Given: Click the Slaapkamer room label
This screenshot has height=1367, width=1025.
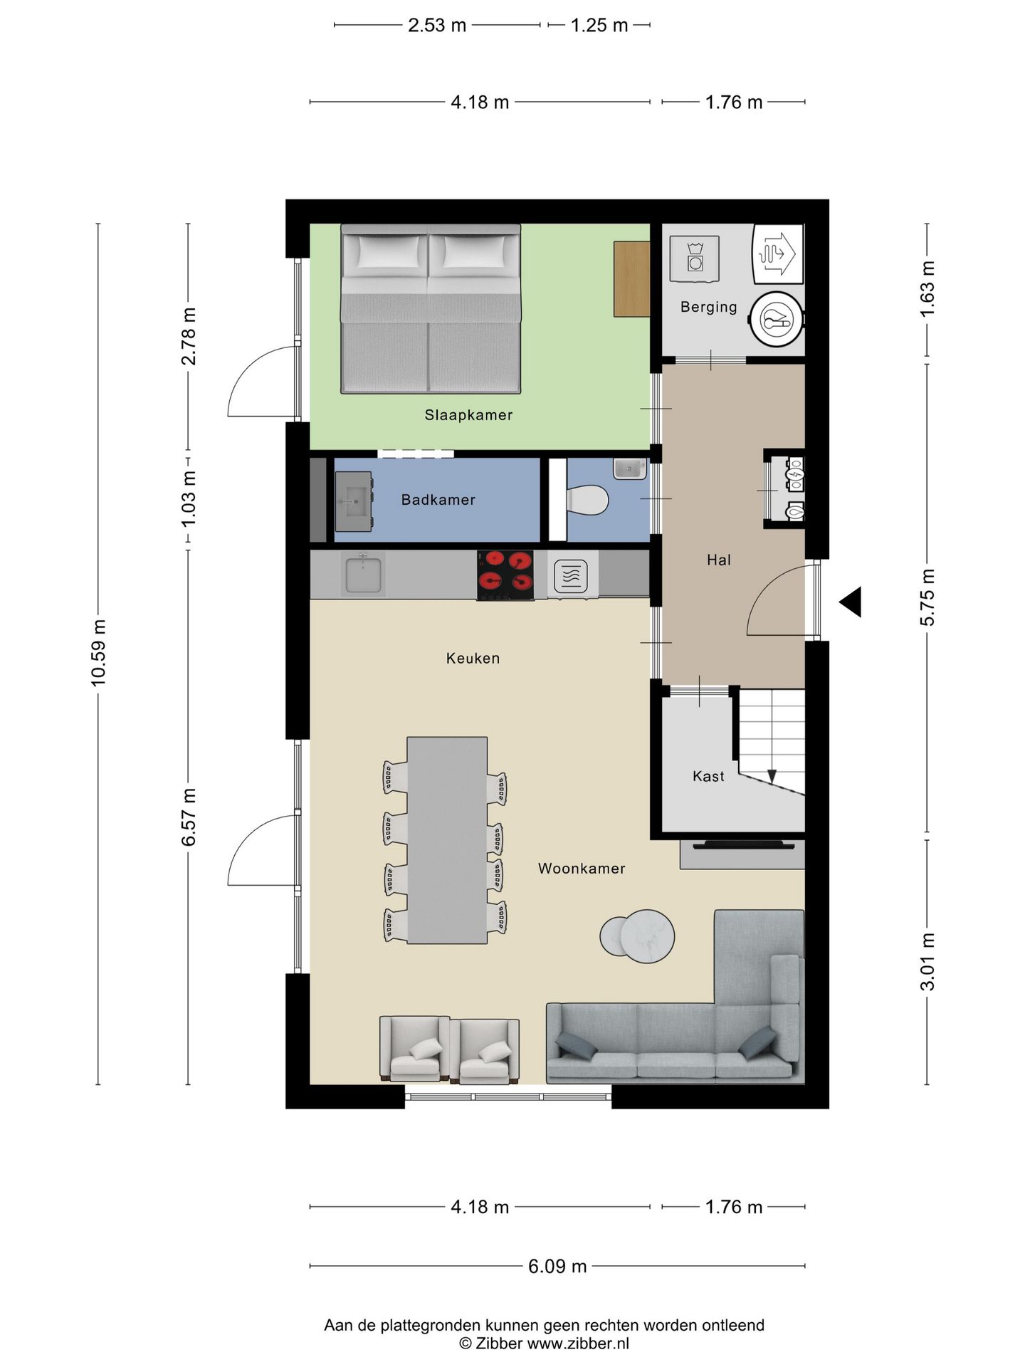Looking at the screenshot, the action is click(468, 415).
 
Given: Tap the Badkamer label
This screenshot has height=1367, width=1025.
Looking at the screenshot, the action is click(438, 500).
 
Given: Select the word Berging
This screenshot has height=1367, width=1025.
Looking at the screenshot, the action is click(708, 307).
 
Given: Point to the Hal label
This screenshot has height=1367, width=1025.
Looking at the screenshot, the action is click(718, 560).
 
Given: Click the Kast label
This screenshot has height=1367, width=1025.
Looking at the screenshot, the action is click(708, 776).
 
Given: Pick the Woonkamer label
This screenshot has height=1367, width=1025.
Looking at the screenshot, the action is click(582, 869).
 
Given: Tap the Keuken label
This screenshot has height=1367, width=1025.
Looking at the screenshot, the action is click(473, 659).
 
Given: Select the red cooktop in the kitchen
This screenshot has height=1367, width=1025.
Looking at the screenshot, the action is click(505, 575).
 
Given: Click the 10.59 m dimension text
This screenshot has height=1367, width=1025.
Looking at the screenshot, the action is click(98, 653).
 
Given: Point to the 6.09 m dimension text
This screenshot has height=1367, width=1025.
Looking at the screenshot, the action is click(557, 1266).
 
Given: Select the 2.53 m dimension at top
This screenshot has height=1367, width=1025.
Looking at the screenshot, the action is click(437, 26).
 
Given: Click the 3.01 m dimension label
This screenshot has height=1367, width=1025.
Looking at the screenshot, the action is click(927, 961).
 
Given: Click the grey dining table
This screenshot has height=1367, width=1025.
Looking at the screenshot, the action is click(447, 840).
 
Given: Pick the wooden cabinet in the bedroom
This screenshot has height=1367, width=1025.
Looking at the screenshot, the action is click(632, 279).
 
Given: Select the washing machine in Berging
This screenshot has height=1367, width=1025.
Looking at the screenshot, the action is click(694, 258).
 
